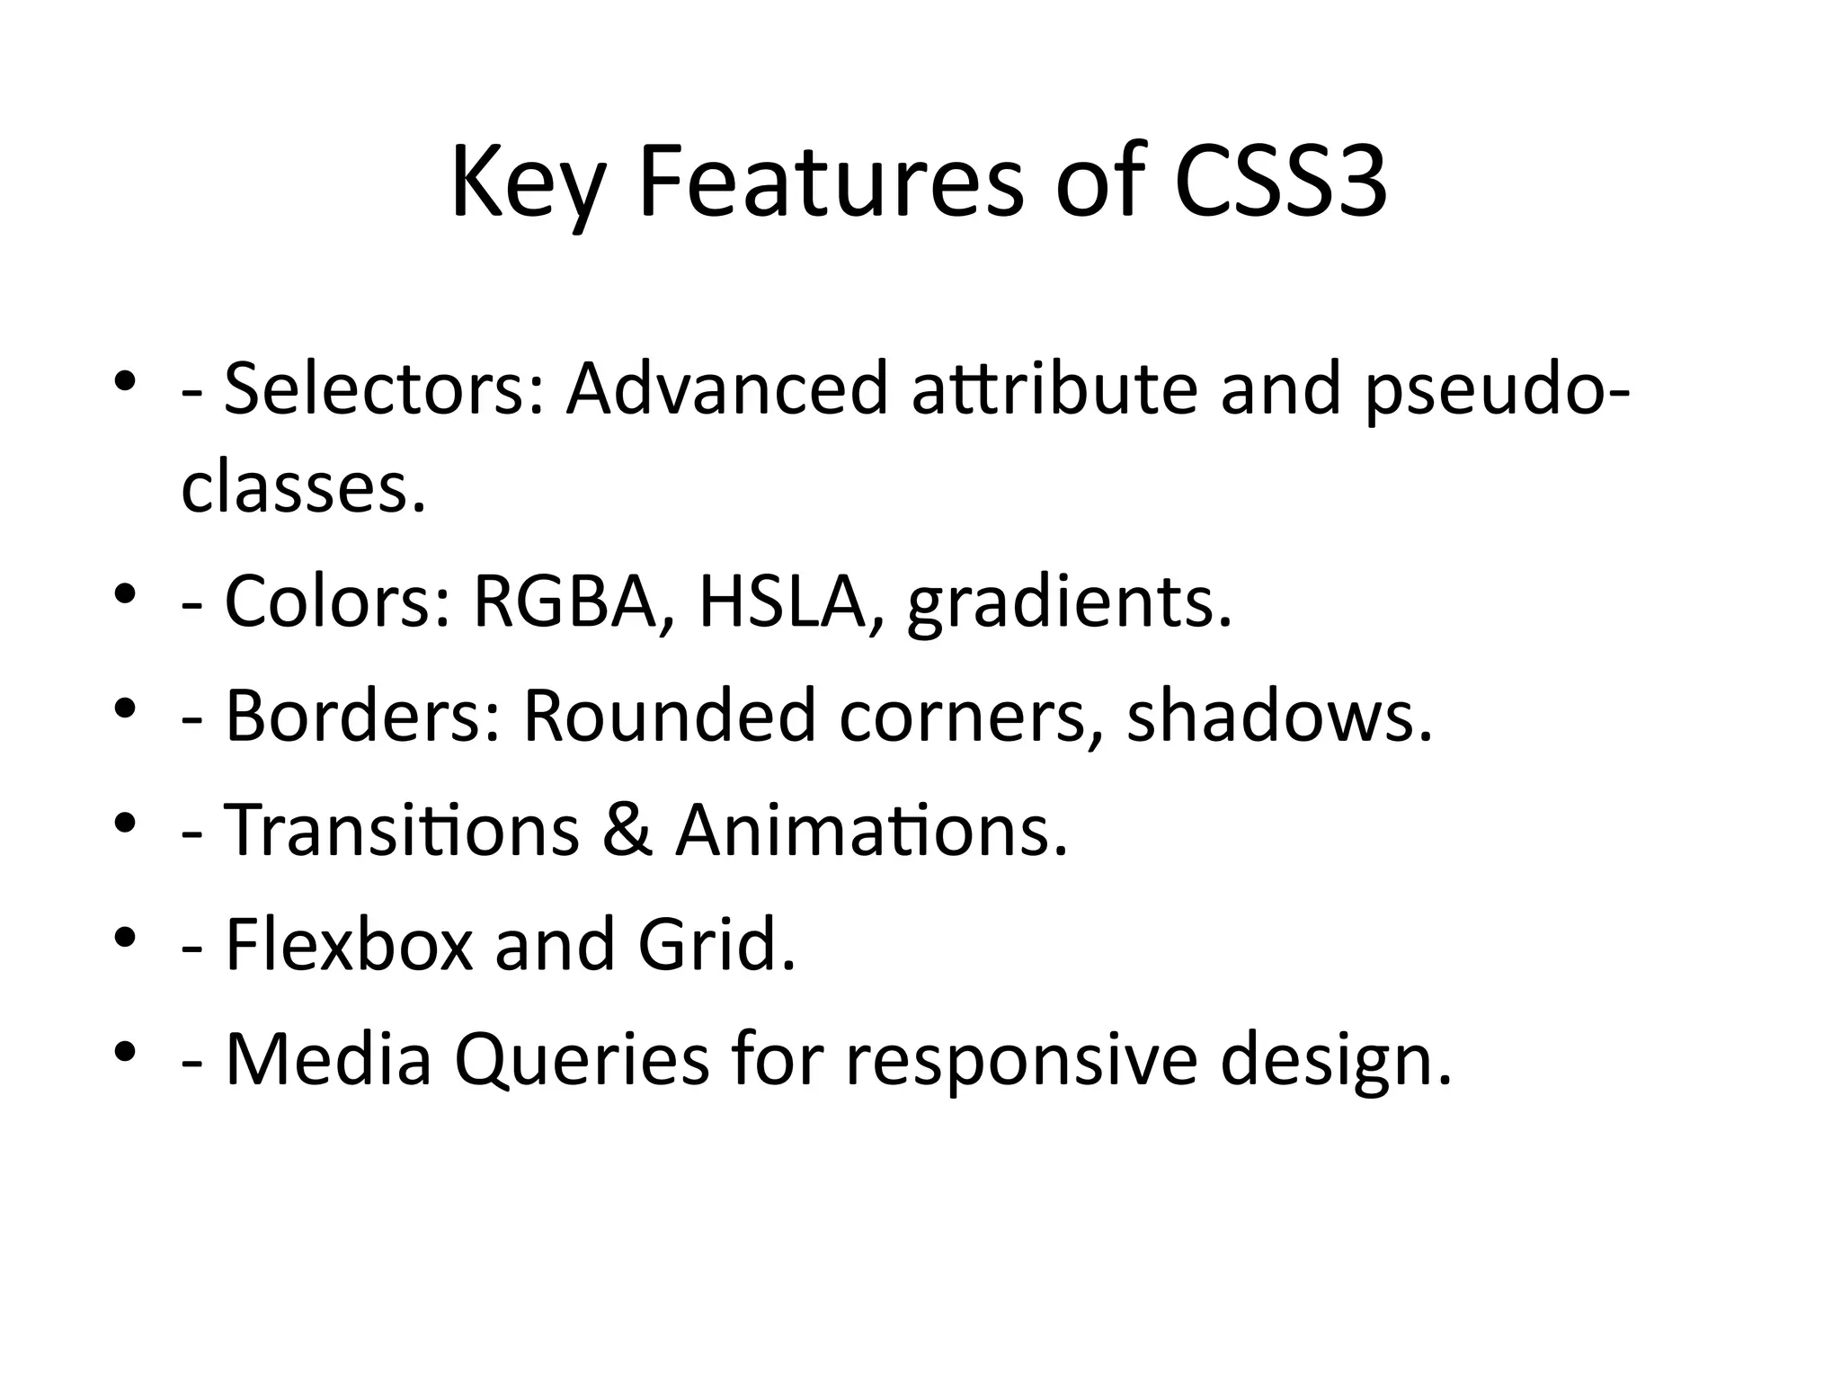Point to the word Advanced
[x=727, y=389]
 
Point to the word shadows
[x=1278, y=717]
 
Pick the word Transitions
[x=401, y=830]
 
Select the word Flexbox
[x=349, y=944]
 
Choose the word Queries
[x=582, y=1060]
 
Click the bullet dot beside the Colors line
[x=125, y=594]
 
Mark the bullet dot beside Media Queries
[x=125, y=1050]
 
